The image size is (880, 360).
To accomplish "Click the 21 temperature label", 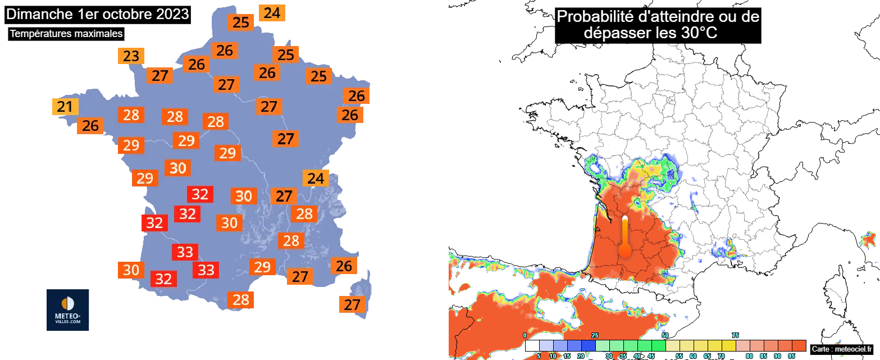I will [65, 107].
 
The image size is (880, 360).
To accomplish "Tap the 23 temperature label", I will [131, 56].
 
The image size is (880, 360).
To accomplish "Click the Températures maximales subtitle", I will [66, 34].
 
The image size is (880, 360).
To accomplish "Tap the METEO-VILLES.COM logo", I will [67, 309].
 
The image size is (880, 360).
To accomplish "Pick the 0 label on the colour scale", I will [525, 335].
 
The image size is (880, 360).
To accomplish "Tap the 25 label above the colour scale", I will [595, 335].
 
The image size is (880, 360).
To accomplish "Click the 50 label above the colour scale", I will [665, 335].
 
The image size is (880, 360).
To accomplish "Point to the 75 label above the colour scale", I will [735, 335].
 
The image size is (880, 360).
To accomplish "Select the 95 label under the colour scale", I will [792, 356].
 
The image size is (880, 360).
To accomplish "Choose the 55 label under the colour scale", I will [680, 356].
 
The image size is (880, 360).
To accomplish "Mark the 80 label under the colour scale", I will [750, 356].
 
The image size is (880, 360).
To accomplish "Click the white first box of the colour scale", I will [532, 345].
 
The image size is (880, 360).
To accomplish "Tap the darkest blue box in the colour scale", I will [588, 345].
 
